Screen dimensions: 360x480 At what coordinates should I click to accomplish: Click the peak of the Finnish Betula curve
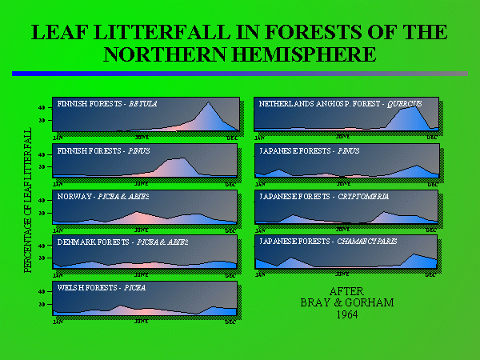click(209, 103)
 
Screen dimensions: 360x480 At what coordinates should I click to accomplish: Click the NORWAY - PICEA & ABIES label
click(103, 196)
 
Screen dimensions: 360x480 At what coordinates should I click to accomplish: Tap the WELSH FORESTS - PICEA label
click(102, 286)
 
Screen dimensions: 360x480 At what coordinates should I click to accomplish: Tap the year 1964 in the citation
click(346, 314)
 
